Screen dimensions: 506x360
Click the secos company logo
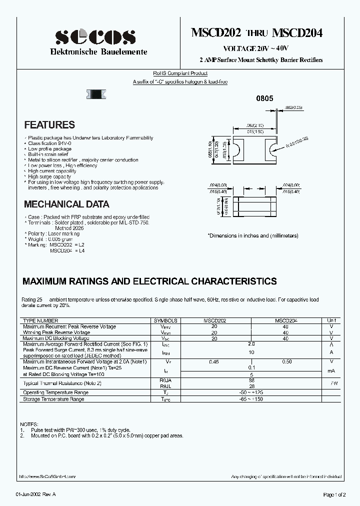click(95, 36)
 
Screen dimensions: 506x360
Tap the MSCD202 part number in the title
click(216, 33)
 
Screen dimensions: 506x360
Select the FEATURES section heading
click(49, 125)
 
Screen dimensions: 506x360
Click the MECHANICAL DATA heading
click(66, 204)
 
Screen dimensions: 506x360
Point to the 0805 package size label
click(264, 99)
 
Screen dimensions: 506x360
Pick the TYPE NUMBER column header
click(40, 320)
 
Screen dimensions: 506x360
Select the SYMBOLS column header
click(165, 320)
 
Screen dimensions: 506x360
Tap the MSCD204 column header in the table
click(285, 320)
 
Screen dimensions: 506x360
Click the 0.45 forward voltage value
click(214, 361)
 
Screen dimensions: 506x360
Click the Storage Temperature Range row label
click(53, 398)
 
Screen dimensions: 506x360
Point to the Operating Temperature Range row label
click(56, 392)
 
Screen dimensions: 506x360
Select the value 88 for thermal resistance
click(251, 380)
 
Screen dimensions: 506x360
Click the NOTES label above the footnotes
click(28, 423)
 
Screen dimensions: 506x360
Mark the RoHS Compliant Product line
click(180, 73)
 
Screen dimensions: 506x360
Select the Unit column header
click(331, 320)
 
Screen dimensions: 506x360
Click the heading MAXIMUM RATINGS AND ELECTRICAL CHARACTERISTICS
click(149, 281)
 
